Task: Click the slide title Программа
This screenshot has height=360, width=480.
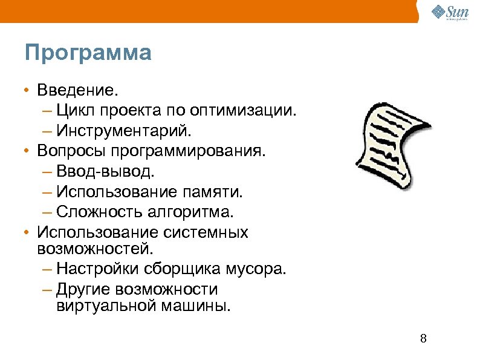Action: pos(88,53)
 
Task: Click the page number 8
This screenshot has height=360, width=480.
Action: pos(423,338)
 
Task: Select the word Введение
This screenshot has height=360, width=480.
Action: pos(75,91)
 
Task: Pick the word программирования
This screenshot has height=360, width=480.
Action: pos(197,150)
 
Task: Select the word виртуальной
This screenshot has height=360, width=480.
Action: pos(105,304)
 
